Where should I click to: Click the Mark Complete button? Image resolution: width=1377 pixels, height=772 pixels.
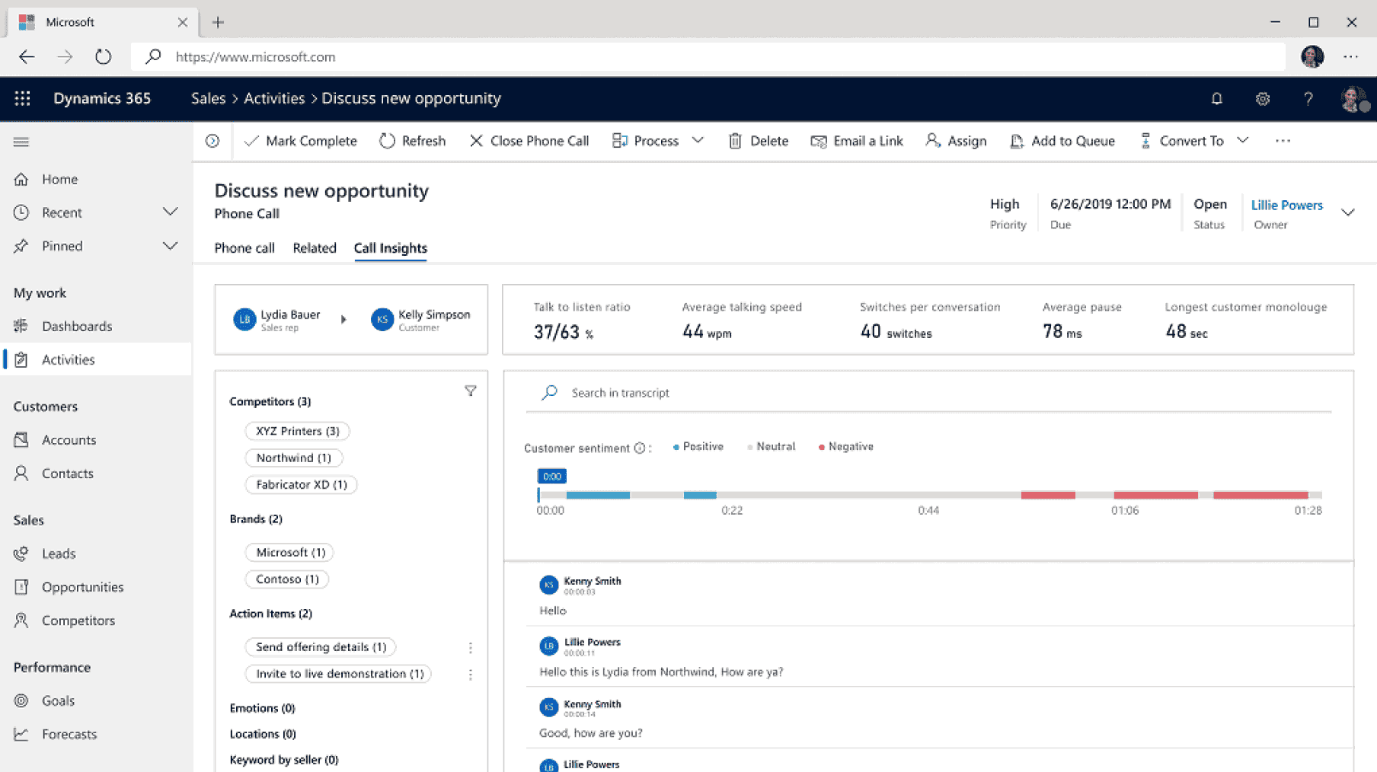[301, 141]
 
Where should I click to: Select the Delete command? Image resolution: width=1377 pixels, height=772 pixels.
[759, 141]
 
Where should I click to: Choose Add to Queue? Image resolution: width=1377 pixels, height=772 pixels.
[1062, 141]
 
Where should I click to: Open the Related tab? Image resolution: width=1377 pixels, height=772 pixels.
[314, 248]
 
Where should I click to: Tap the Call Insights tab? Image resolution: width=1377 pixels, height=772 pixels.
[390, 248]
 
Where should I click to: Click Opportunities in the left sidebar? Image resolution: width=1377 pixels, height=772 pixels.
[82, 587]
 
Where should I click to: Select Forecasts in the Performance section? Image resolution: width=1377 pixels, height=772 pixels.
[69, 734]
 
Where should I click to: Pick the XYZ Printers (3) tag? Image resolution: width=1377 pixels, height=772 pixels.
[297, 431]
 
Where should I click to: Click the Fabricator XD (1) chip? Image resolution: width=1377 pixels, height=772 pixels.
[301, 484]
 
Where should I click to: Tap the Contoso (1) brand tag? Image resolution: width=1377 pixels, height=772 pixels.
[287, 579]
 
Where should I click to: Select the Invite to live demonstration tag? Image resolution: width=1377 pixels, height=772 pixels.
[339, 674]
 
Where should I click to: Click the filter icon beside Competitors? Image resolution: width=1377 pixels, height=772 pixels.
[471, 391]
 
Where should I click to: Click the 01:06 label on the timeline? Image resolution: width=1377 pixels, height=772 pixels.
[1125, 510]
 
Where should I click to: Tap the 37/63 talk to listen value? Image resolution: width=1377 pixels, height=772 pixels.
[563, 332]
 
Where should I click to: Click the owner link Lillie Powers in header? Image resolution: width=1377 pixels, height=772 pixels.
[1286, 205]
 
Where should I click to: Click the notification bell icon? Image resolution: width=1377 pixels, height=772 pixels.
[1216, 99]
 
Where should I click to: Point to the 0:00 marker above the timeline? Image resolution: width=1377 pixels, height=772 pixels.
[551, 477]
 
